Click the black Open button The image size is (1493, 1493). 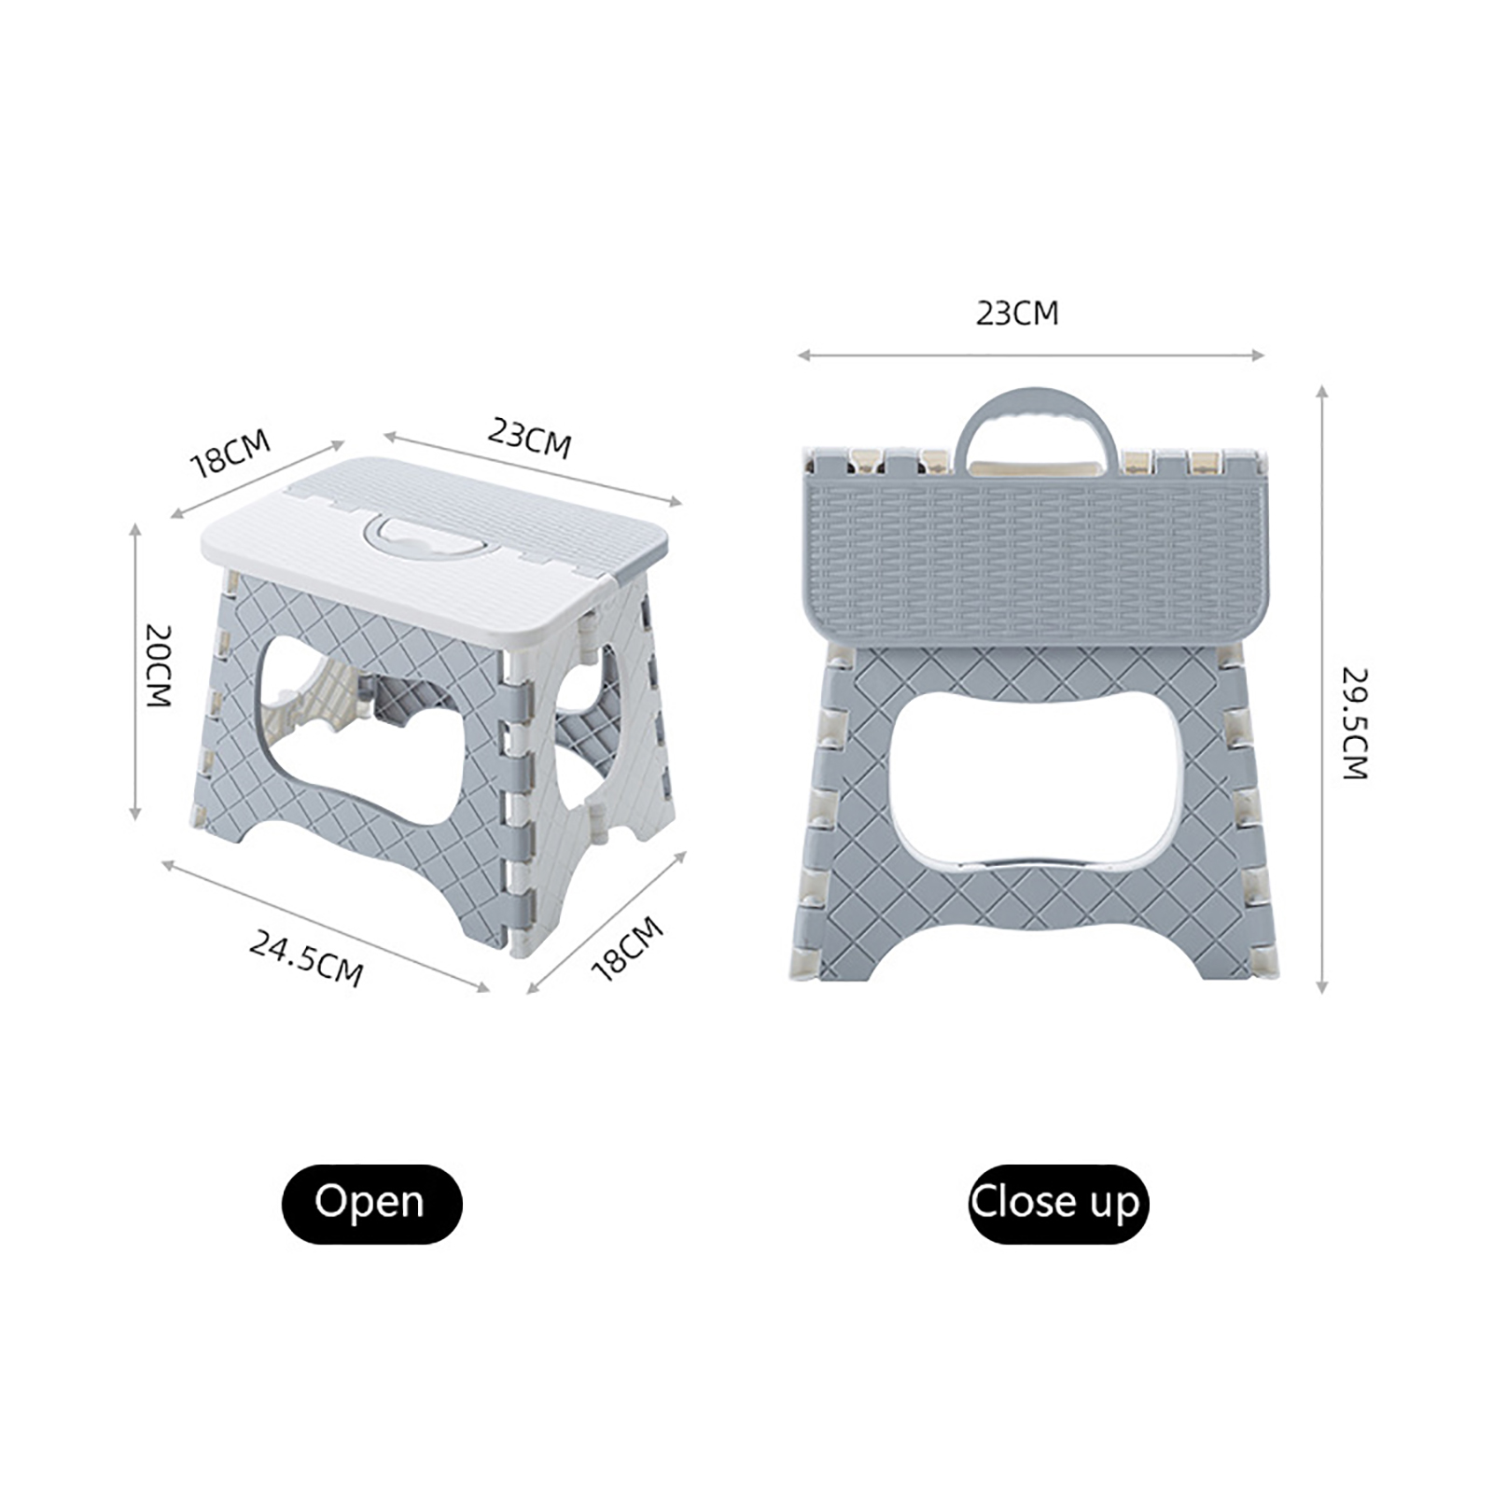pyautogui.click(x=371, y=1203)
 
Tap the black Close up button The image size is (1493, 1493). pyautogui.click(x=1058, y=1203)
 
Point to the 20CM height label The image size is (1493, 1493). pyautogui.click(x=160, y=665)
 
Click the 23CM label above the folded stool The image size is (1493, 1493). pyautogui.click(x=1017, y=314)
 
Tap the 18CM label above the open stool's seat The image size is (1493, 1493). pyautogui.click(x=230, y=453)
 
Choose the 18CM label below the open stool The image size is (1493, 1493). pyautogui.click(x=627, y=948)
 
